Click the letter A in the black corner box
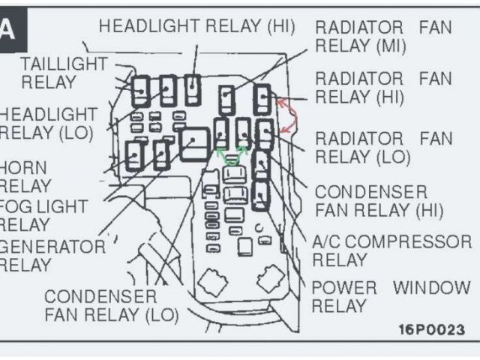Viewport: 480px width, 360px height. (7, 30)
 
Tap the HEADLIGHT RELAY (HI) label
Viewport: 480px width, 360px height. (197, 25)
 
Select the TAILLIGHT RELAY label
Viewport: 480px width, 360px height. (64, 73)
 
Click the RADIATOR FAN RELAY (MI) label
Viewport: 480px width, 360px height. (383, 37)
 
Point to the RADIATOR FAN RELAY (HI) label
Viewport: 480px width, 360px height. (383, 88)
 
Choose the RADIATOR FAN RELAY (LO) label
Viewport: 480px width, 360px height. (383, 148)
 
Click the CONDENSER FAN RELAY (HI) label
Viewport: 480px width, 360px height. (379, 201)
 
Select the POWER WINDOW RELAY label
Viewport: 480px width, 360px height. (390, 296)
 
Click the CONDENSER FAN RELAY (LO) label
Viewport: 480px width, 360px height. (111, 304)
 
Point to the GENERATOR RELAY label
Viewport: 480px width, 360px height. (51, 255)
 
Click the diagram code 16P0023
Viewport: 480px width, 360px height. (431, 329)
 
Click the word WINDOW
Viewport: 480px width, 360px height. (432, 287)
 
